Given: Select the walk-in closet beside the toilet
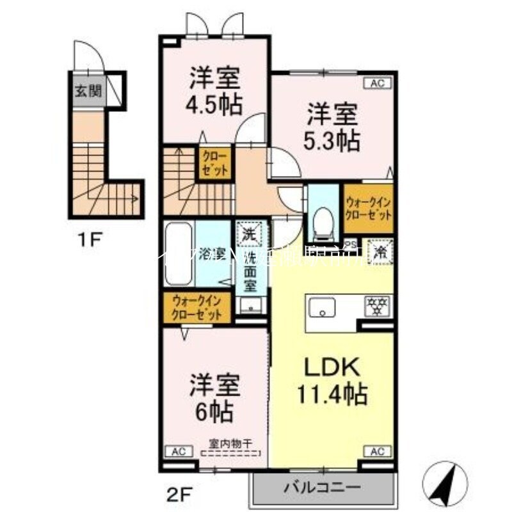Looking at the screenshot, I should tap(368, 209).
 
